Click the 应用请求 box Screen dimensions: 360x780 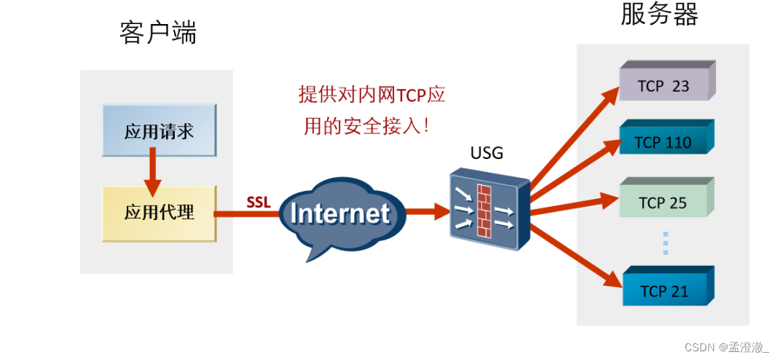(159, 131)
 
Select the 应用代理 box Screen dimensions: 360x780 (159, 213)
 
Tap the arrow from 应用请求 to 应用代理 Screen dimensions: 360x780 (152, 172)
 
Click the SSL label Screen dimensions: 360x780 (259, 202)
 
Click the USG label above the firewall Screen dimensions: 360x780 (486, 154)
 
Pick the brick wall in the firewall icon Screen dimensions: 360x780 (484, 211)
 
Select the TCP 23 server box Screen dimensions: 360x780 (663, 85)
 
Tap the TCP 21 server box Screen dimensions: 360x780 (663, 291)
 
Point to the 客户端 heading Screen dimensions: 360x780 (158, 34)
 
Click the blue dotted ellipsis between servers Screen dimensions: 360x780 (665, 243)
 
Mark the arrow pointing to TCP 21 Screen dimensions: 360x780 (575, 252)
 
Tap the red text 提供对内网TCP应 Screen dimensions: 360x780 (371, 95)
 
